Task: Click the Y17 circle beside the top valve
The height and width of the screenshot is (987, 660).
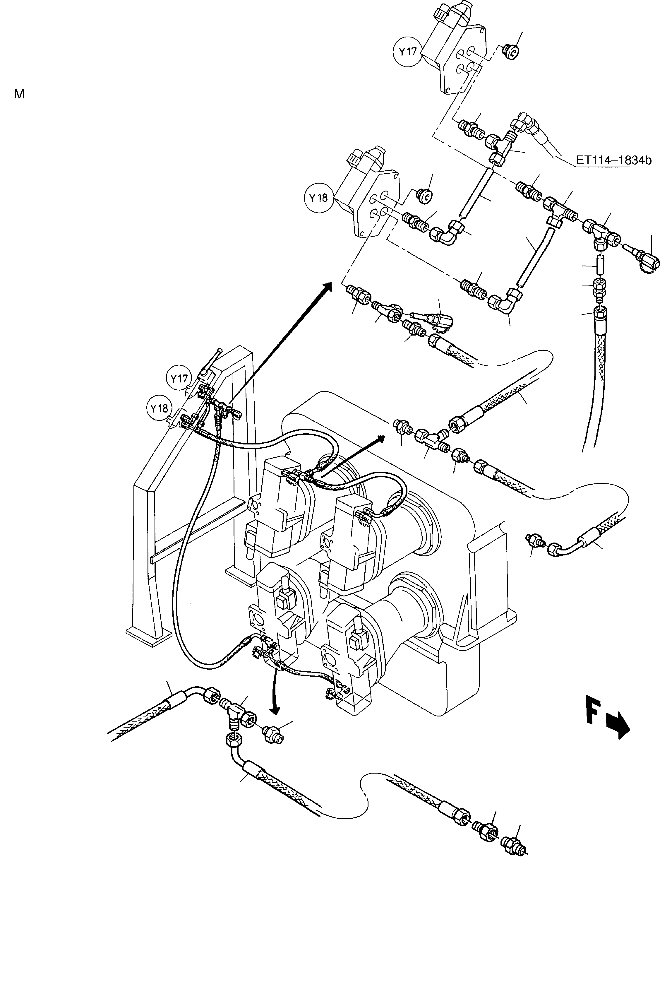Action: (x=407, y=52)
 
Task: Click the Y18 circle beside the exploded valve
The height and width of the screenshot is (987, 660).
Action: (x=318, y=197)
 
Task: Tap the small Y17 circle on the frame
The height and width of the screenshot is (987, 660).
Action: (x=179, y=379)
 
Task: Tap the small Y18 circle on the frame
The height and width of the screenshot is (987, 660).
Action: (x=160, y=408)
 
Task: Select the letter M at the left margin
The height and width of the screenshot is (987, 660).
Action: (x=19, y=94)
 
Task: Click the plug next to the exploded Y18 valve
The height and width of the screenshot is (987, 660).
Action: (x=424, y=195)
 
